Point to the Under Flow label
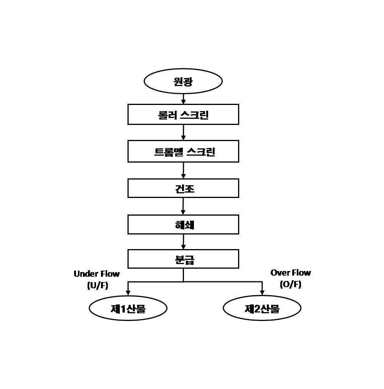[97, 274]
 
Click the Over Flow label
[291, 273]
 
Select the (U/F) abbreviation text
[98, 285]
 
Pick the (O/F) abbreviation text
[291, 284]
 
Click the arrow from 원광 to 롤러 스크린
[184, 99]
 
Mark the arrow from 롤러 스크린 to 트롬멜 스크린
[184, 133]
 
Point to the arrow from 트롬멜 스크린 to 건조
[184, 170]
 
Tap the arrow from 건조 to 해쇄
[183, 206]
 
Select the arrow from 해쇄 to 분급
[184, 242]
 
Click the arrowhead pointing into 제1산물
[128, 292]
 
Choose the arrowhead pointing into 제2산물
[262, 292]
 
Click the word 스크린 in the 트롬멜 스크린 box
[201, 151]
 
